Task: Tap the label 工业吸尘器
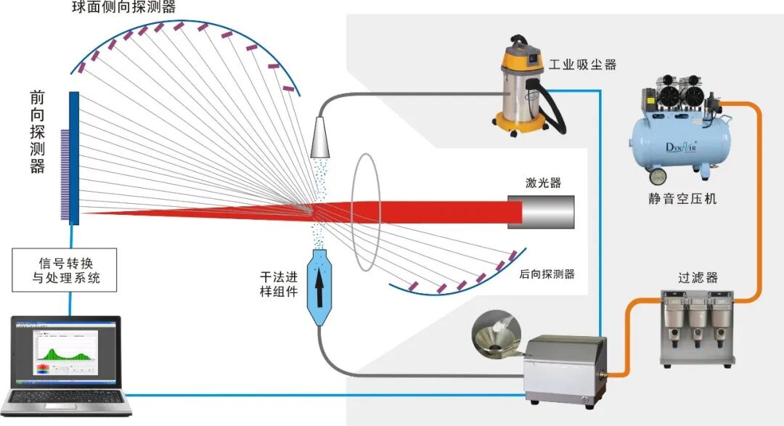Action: coord(582,65)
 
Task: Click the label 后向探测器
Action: coord(547,274)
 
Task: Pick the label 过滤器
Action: coord(698,277)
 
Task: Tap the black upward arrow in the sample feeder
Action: coord(318,282)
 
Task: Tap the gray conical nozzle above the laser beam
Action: coord(320,136)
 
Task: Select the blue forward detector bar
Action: coord(74,157)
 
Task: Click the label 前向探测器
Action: coord(37,131)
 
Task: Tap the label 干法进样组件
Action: coord(279,284)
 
